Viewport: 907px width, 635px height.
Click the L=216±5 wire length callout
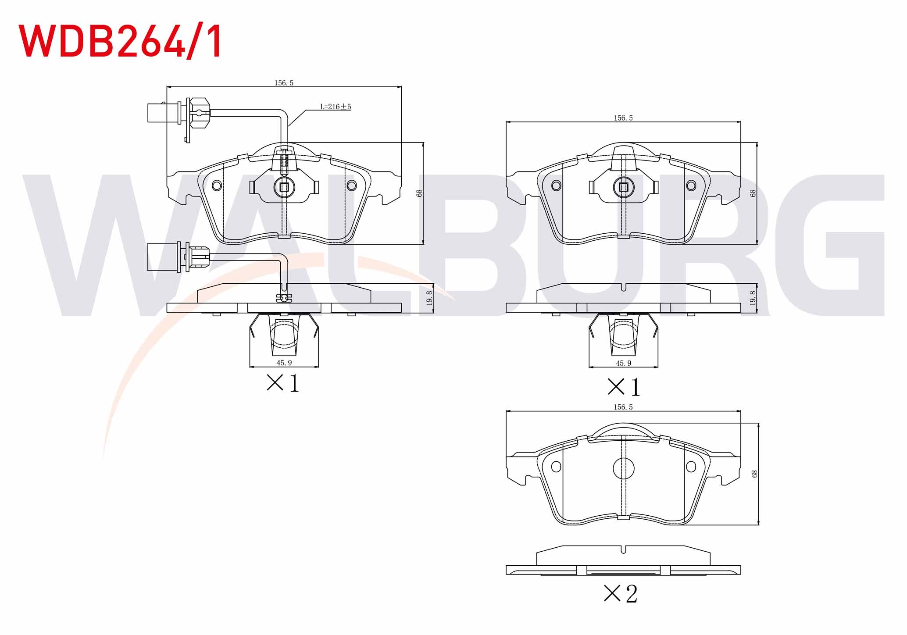[x=336, y=107]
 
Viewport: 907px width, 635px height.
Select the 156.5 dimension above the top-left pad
[x=284, y=83]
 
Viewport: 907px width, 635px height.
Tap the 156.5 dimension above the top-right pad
[x=623, y=118]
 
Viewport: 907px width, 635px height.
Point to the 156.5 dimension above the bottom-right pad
[x=623, y=407]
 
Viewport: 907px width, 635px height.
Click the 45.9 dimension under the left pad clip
[x=284, y=363]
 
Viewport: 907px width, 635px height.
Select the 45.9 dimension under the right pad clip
[x=623, y=364]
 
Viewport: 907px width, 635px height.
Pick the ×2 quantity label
[x=621, y=594]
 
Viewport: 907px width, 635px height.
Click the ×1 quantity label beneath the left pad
[x=283, y=383]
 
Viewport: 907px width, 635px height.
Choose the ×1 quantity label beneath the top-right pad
[x=624, y=387]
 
